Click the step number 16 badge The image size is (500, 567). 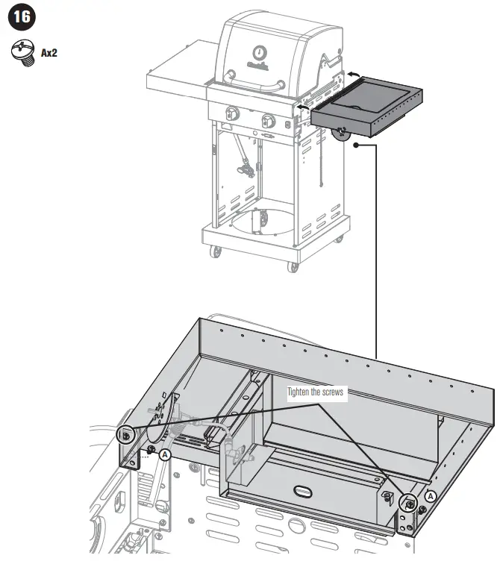19,17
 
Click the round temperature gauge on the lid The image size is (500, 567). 258,52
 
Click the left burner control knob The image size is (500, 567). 232,116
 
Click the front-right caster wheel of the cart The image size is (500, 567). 293,266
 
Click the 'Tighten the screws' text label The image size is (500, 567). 317,392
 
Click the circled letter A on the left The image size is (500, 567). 165,453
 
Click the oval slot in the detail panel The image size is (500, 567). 304,490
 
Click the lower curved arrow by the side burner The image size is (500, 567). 301,108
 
